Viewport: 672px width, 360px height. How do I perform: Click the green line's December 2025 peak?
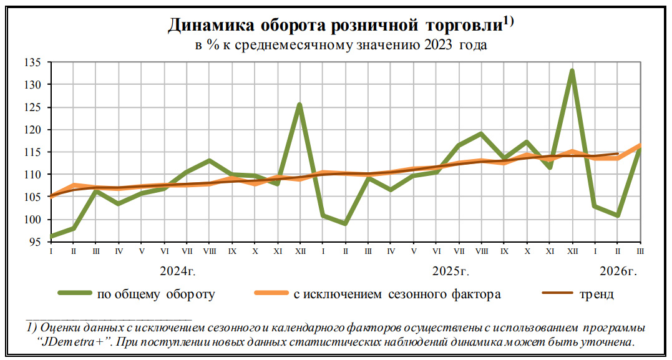click(572, 71)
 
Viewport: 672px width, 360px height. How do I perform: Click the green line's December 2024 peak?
click(299, 104)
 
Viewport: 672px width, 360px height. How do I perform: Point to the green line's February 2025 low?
click(345, 223)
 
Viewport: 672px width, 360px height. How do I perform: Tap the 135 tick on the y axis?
click(33, 62)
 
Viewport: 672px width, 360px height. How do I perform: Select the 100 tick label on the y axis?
click(33, 220)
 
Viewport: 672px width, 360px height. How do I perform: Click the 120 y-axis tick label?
click(33, 130)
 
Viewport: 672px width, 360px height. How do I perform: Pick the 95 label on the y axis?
click(36, 242)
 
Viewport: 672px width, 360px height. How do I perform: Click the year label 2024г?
click(178, 271)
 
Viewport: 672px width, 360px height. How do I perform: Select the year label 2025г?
click(450, 271)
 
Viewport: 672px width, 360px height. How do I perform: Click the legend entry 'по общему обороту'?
click(156, 294)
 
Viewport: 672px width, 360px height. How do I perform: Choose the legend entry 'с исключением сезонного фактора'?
click(397, 294)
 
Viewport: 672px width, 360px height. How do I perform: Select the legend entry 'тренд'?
click(596, 294)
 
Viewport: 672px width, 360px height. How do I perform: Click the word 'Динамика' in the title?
click(210, 25)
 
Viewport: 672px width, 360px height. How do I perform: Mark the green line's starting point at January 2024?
click(51, 236)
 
